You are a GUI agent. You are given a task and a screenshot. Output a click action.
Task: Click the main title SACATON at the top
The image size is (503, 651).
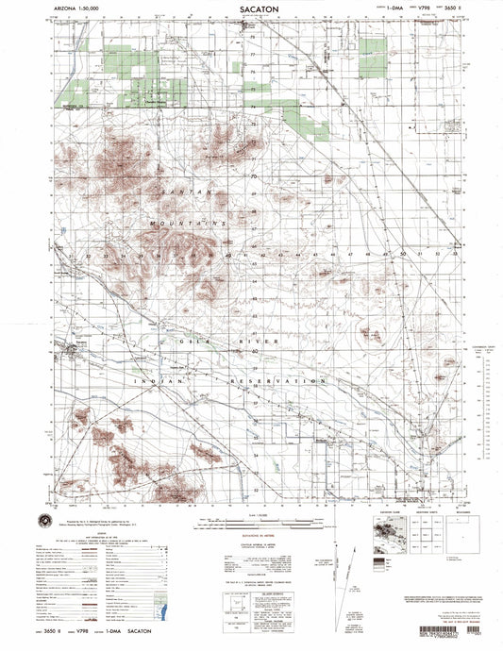[x=251, y=8]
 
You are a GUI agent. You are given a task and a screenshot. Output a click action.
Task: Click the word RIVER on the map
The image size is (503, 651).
[x=263, y=341]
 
